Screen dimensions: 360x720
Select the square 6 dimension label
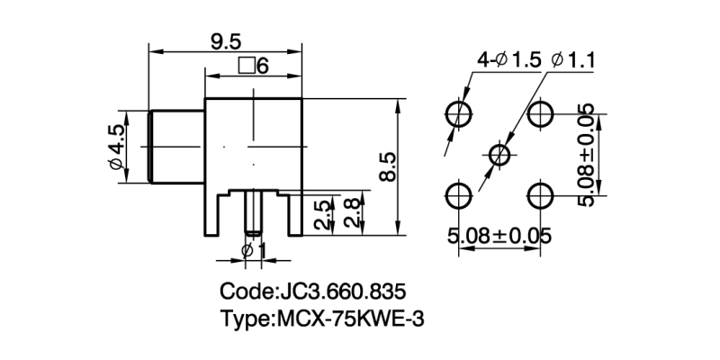click(x=254, y=66)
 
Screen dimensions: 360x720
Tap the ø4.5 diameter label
click(x=115, y=147)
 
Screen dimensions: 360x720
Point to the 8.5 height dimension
click(x=387, y=166)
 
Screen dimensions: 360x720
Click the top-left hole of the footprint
click(x=459, y=113)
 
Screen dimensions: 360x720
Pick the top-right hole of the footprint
click(x=541, y=113)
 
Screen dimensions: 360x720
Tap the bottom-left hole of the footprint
click(x=459, y=195)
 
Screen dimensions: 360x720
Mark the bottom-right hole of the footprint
click(x=541, y=195)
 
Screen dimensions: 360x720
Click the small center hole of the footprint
click(x=499, y=154)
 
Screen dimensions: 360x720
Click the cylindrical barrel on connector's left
click(x=176, y=146)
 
